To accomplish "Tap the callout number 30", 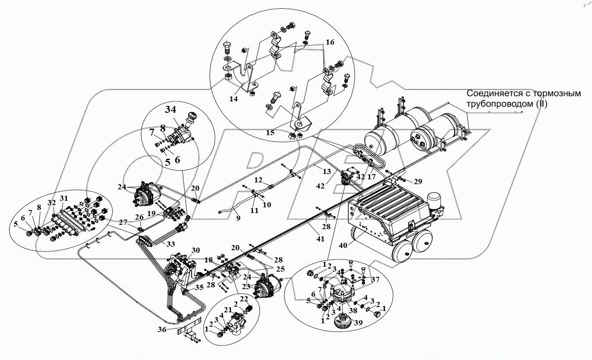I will [x=196, y=250].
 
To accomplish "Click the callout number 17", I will [x=372, y=178].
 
